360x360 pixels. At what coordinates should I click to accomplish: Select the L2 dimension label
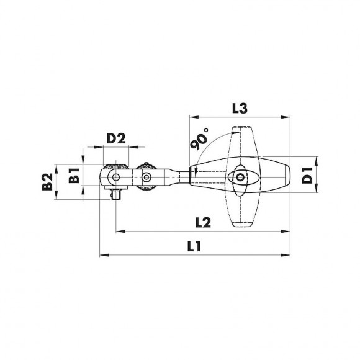pos(200,222)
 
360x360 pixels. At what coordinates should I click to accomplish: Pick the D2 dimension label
pos(116,138)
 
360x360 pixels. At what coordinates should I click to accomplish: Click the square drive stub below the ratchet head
pos(116,196)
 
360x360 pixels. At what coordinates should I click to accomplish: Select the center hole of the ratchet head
pos(115,179)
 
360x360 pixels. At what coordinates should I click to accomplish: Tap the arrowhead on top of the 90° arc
pos(231,132)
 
